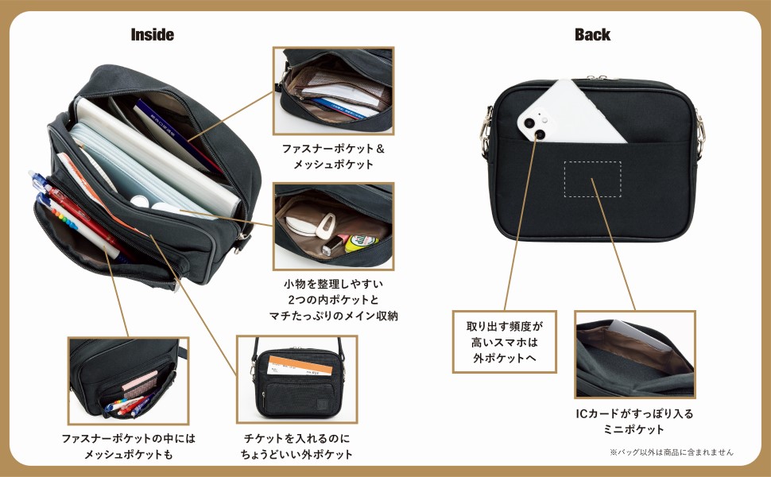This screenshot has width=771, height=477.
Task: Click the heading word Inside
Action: pyautogui.click(x=152, y=35)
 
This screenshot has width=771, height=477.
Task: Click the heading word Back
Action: pyautogui.click(x=592, y=35)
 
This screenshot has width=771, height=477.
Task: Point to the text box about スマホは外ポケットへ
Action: pyautogui.click(x=504, y=341)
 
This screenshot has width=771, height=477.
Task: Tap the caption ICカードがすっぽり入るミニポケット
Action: pyautogui.click(x=634, y=421)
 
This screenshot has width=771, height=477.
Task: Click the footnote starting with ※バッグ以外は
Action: pyautogui.click(x=671, y=452)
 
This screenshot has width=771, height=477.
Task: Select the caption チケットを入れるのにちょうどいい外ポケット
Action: pyautogui.click(x=296, y=446)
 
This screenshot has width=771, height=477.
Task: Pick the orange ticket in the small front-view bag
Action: pyautogui.click(x=289, y=366)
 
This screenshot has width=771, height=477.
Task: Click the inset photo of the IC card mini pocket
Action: pyautogui.click(x=634, y=354)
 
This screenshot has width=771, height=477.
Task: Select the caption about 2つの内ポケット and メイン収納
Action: pyautogui.click(x=333, y=299)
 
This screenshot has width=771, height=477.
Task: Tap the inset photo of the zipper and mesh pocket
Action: pyautogui.click(x=333, y=90)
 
